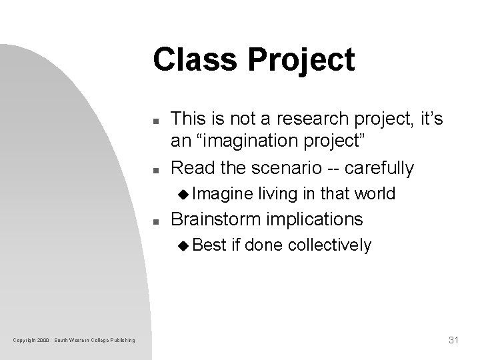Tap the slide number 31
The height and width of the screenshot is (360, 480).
click(453, 341)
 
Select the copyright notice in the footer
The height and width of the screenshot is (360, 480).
click(74, 341)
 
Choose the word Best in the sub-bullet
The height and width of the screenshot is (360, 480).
click(212, 246)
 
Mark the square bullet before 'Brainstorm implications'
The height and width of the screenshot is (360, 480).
click(155, 221)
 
